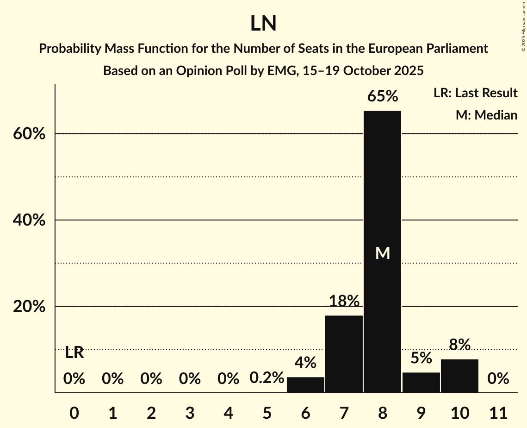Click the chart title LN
(263, 24)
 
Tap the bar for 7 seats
(344, 354)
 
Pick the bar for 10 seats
(459, 376)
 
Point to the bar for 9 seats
(421, 382)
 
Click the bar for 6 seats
(305, 384)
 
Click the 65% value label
(382, 96)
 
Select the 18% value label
(344, 302)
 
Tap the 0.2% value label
(267, 378)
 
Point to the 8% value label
(459, 345)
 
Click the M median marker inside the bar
(382, 253)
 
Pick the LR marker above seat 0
(74, 353)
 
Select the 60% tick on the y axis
(29, 134)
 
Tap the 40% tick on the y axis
(29, 220)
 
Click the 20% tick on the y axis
(29, 307)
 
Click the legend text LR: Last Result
(475, 93)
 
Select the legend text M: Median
(486, 115)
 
